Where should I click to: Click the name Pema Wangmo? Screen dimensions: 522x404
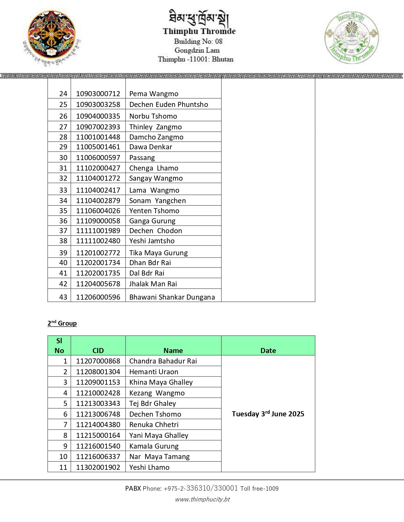point(154,94)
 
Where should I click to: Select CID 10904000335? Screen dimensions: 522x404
point(98,116)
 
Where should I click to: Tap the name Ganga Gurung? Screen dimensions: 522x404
point(152,221)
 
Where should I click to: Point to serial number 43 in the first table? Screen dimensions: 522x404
point(63,297)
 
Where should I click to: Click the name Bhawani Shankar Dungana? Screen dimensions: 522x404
point(172,297)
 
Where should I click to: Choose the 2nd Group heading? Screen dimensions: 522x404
point(62,323)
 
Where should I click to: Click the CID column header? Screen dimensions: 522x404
point(98,350)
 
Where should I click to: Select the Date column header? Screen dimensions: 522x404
point(268,350)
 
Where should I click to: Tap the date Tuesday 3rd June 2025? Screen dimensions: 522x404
point(268,414)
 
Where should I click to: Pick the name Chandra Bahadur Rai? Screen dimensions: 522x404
point(163,361)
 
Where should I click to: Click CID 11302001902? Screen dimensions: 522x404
point(98,467)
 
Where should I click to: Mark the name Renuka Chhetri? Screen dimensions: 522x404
point(154,425)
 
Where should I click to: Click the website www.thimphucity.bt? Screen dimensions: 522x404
point(202,499)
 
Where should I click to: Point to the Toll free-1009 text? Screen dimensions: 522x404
point(259,488)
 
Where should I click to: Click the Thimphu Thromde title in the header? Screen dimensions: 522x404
point(199,31)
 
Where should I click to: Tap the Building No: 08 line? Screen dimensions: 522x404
point(198,41)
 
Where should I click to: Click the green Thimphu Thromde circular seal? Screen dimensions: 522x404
point(351,37)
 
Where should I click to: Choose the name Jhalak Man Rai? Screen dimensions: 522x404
point(153,284)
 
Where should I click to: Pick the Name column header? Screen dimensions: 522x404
point(173,350)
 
